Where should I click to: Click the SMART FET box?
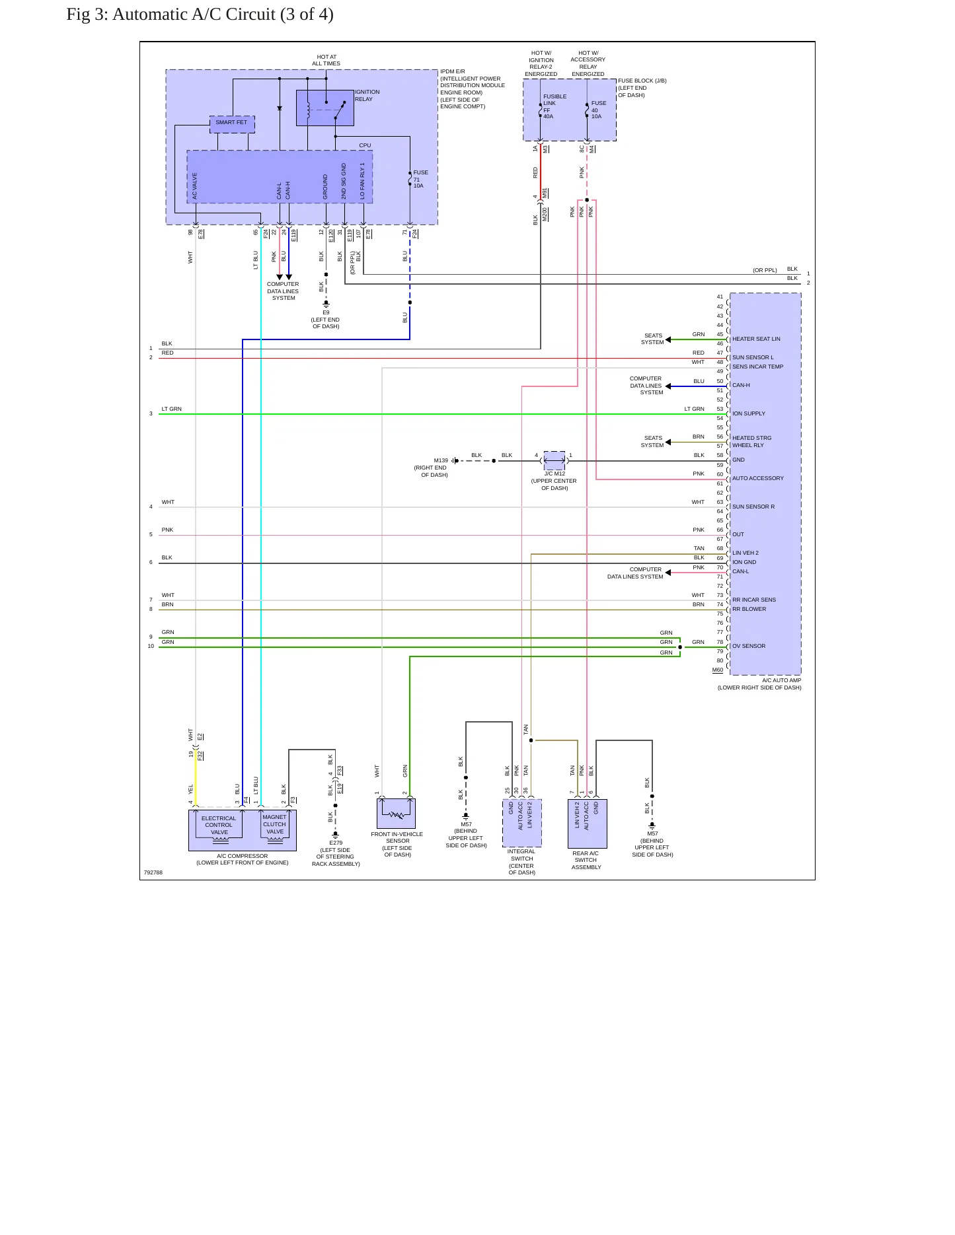(x=232, y=124)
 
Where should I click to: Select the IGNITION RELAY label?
(x=367, y=96)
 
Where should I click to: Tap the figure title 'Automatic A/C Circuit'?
(x=194, y=15)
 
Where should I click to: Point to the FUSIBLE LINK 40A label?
(x=554, y=106)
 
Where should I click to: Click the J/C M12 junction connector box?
(x=554, y=460)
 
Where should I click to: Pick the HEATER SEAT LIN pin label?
(x=756, y=339)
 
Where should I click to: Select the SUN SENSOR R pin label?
(x=753, y=507)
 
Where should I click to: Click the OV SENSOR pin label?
(x=749, y=646)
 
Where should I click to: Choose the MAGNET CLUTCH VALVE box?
(x=275, y=825)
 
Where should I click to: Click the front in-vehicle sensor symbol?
(x=396, y=814)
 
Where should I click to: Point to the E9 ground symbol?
(x=326, y=304)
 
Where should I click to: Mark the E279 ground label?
(x=336, y=843)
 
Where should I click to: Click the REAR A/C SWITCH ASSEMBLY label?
(x=586, y=860)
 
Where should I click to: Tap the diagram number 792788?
(x=153, y=872)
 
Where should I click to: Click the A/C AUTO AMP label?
(x=781, y=680)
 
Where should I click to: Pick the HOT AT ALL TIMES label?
(x=326, y=60)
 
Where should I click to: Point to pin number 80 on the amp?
(x=720, y=660)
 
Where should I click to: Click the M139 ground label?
(x=441, y=460)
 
